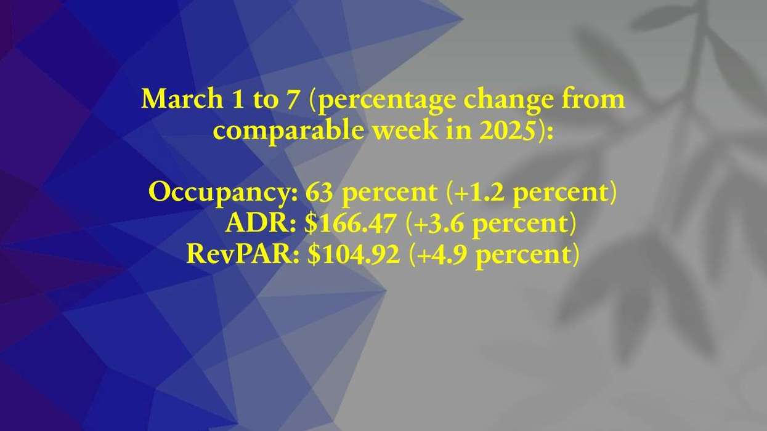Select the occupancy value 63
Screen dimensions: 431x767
click(320, 193)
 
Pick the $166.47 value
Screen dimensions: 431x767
click(350, 224)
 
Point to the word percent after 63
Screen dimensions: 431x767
click(389, 193)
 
